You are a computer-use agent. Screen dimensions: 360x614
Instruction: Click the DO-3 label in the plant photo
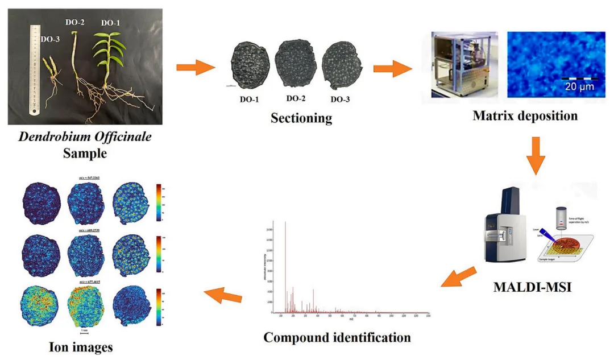click(x=51, y=40)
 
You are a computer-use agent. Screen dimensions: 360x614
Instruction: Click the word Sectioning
click(x=301, y=118)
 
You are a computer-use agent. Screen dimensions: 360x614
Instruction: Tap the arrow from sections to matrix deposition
click(x=391, y=69)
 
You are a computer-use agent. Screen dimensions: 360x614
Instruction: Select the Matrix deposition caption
click(x=525, y=116)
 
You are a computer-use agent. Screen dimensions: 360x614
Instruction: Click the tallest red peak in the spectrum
click(x=285, y=267)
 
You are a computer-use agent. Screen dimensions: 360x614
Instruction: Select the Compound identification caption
click(x=337, y=337)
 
